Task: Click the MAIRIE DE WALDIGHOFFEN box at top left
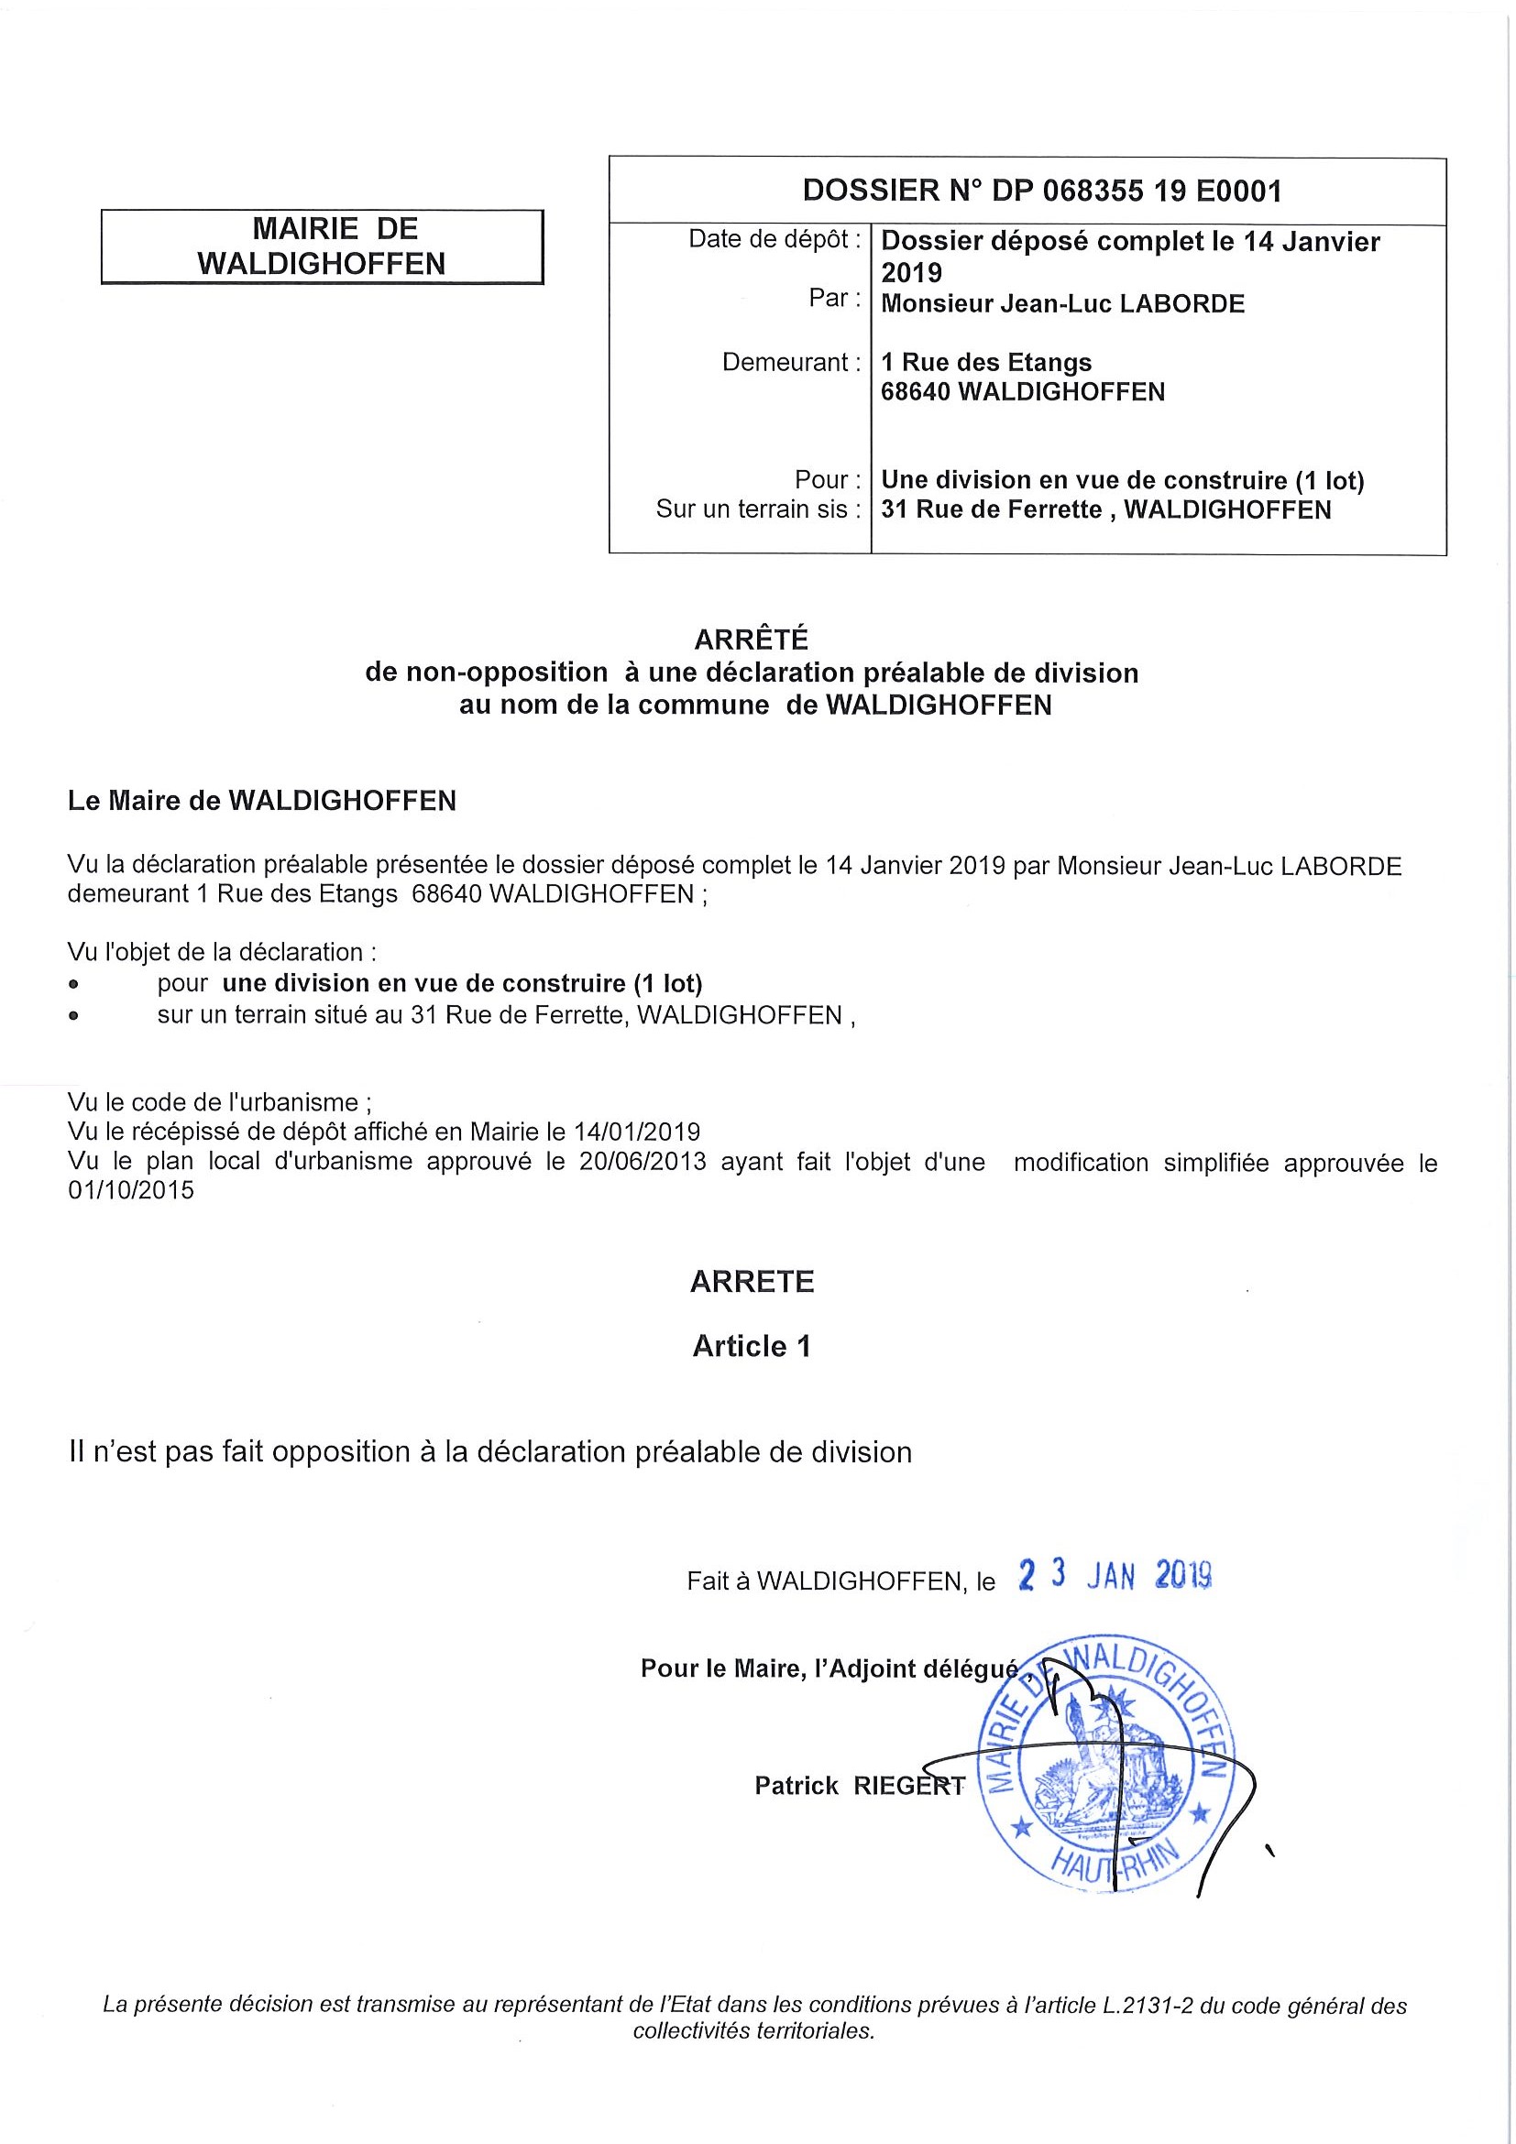[x=322, y=246]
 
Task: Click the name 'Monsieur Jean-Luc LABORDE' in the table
[x=1062, y=304]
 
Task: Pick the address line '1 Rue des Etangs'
[x=985, y=362]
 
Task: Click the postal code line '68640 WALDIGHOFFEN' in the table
[x=1022, y=392]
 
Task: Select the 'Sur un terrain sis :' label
[x=757, y=509]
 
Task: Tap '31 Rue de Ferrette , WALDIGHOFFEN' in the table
[x=1105, y=509]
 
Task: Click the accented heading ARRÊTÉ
[x=751, y=640]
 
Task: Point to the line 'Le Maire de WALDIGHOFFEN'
[x=261, y=801]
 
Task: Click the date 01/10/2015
[x=131, y=1190]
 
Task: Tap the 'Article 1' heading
[x=751, y=1346]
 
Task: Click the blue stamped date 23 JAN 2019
[x=1115, y=1575]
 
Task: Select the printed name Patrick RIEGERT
[x=860, y=1786]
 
